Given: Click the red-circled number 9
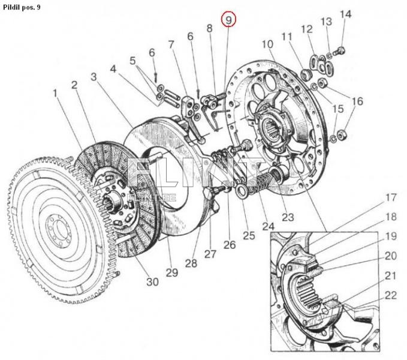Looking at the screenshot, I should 228,20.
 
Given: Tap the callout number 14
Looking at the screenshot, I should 346,14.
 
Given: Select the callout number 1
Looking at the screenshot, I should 55,94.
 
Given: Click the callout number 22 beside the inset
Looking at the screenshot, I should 390,295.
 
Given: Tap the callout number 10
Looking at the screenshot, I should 267,44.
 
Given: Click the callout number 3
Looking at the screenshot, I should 94,77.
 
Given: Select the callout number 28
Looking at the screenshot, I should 191,264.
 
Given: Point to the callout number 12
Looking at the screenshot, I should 307,29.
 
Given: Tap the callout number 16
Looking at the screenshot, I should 357,101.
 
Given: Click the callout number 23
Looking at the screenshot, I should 287,218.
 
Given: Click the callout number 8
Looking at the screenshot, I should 209,28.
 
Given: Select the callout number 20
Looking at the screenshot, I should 391,256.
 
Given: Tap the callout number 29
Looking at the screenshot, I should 173,274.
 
